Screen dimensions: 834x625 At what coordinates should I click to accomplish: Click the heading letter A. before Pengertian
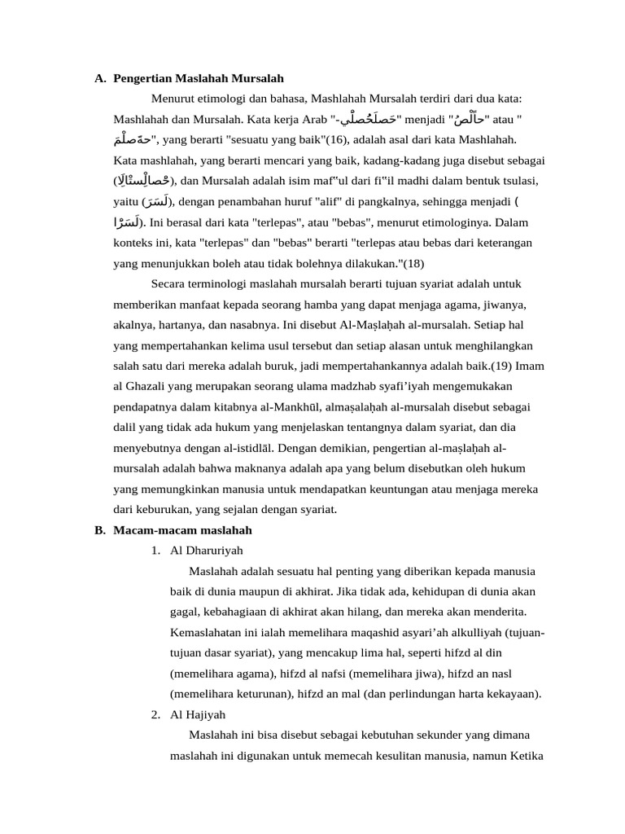pyautogui.click(x=100, y=79)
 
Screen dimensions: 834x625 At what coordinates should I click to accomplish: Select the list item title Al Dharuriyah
pyautogui.click(x=207, y=551)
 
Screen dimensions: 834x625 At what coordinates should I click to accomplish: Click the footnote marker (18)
pyautogui.click(x=413, y=263)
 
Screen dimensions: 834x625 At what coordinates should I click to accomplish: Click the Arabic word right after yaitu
pyautogui.click(x=157, y=201)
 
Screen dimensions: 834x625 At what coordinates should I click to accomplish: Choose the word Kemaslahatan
pyautogui.click(x=205, y=633)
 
